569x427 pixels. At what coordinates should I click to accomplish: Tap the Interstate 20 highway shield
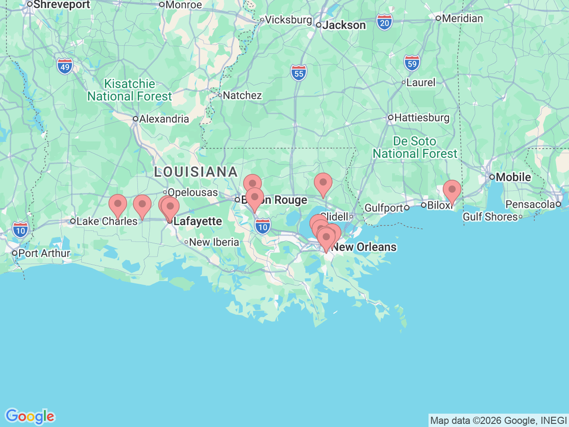(x=385, y=23)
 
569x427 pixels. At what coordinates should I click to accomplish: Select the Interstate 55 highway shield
(x=299, y=73)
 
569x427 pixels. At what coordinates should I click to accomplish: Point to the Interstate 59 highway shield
(x=412, y=64)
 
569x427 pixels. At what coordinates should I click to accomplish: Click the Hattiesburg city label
(x=421, y=118)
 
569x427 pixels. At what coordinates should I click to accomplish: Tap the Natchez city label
(x=242, y=95)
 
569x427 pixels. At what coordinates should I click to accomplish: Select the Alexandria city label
(x=164, y=119)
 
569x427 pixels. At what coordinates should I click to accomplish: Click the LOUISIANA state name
(x=196, y=172)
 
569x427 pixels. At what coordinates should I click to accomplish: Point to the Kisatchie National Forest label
(x=129, y=90)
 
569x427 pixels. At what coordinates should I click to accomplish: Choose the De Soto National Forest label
(x=415, y=148)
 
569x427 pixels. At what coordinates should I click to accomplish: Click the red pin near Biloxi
(x=452, y=190)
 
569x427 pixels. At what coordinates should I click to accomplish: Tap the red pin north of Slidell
(x=323, y=183)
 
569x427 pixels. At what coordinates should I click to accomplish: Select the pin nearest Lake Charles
(x=118, y=205)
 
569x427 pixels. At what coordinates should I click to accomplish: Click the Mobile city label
(x=513, y=177)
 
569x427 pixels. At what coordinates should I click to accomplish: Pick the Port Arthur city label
(x=44, y=253)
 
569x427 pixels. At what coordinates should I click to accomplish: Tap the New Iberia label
(x=214, y=242)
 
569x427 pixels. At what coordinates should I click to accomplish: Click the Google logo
(x=30, y=416)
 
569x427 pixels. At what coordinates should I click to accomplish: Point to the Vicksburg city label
(x=289, y=20)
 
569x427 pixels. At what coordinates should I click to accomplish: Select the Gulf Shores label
(x=490, y=217)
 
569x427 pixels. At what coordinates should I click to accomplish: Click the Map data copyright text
(x=498, y=420)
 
